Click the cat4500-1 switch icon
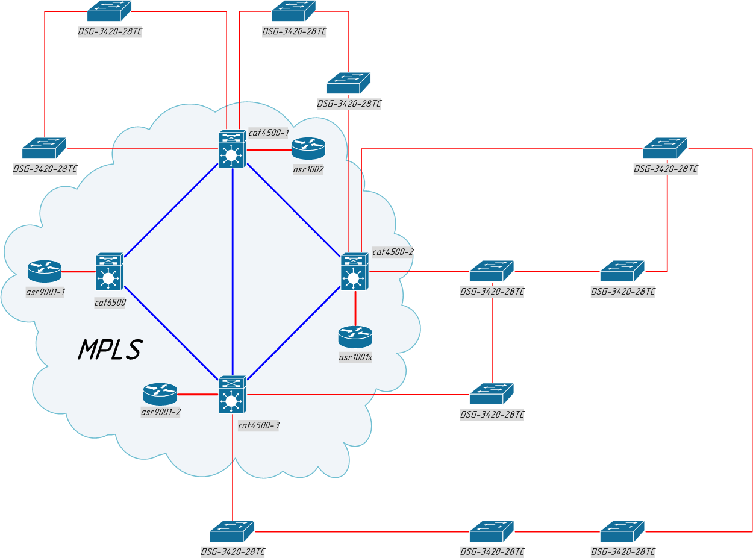point(232,149)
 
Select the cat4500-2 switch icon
point(355,271)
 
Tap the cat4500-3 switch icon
point(232,395)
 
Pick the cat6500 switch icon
point(109,272)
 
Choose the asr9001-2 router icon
point(160,395)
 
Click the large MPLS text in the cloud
point(110,350)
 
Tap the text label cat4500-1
point(269,132)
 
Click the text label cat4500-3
point(258,425)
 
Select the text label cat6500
point(110,303)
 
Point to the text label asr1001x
point(355,357)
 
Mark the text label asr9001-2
point(161,412)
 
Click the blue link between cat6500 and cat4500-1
point(170,211)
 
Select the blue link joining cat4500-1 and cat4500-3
point(233,271)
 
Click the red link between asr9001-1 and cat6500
point(78,272)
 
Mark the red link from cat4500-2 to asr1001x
point(355,309)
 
